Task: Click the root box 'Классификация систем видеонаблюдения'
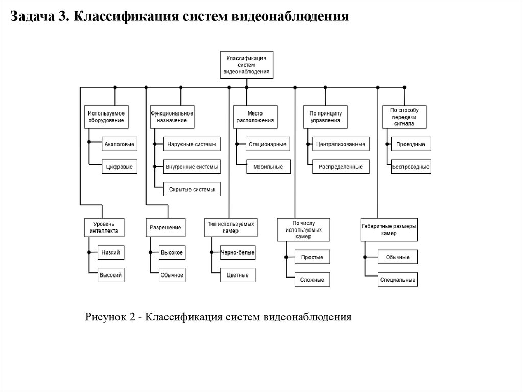[247, 65]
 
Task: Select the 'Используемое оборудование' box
[106, 117]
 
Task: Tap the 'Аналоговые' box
[120, 145]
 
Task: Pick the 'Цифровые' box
[120, 167]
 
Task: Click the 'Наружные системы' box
[192, 145]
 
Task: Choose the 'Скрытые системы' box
[192, 189]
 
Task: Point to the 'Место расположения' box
[254, 117]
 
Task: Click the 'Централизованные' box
[340, 145]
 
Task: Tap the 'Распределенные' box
[340, 167]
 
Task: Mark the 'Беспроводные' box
[411, 167]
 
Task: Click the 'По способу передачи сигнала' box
[404, 117]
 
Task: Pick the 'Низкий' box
[111, 253]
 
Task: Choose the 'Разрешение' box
[165, 227]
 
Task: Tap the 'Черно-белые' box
[237, 253]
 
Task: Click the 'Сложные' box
[312, 280]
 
